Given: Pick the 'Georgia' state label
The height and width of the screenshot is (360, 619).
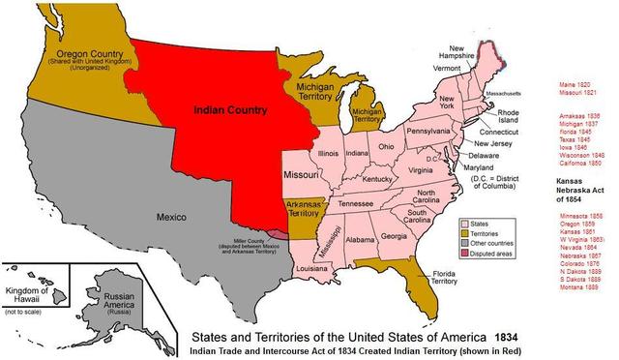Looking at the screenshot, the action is point(395,236).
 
